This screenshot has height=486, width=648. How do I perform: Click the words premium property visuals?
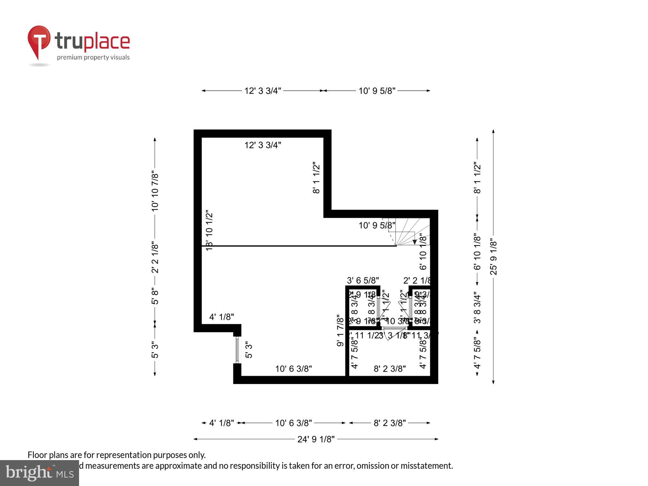(x=93, y=57)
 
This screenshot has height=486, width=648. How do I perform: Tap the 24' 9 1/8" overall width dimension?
(x=316, y=439)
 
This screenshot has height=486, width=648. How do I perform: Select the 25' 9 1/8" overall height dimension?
(x=493, y=257)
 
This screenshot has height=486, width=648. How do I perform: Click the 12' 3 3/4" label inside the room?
(x=263, y=145)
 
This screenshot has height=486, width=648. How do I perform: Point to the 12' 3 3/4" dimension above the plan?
(x=263, y=91)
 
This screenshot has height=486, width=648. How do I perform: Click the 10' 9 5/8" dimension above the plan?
(x=377, y=91)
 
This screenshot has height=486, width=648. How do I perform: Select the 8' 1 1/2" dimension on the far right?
(x=477, y=178)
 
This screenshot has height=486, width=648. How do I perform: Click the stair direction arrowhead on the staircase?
(x=414, y=242)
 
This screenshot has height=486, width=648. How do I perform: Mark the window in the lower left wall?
(x=237, y=350)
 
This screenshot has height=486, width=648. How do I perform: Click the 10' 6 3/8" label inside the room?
(x=294, y=369)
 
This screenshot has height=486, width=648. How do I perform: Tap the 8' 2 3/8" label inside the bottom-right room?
(x=390, y=369)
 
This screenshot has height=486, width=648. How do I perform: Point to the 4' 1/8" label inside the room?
(x=222, y=317)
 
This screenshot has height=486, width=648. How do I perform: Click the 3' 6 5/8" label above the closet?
(x=363, y=280)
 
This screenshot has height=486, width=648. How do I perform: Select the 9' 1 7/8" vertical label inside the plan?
(x=340, y=330)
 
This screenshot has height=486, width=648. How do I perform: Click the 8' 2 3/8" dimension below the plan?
(x=390, y=423)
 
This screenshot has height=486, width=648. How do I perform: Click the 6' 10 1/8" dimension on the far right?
(x=477, y=252)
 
